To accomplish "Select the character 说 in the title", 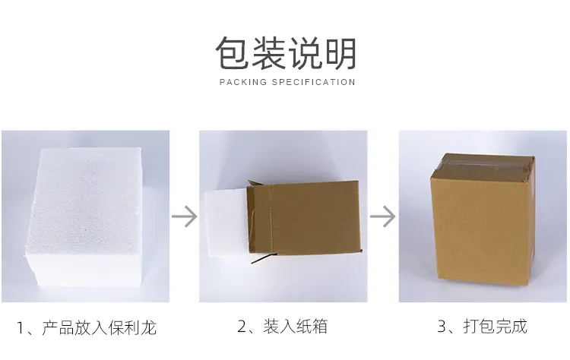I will (305, 53).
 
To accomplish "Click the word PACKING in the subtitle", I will (242, 82).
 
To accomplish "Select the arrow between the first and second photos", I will (184, 216).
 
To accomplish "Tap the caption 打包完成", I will (494, 327).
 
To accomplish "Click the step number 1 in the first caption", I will (21, 329).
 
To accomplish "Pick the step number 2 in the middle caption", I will (242, 327).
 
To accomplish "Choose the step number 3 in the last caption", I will (442, 327).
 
